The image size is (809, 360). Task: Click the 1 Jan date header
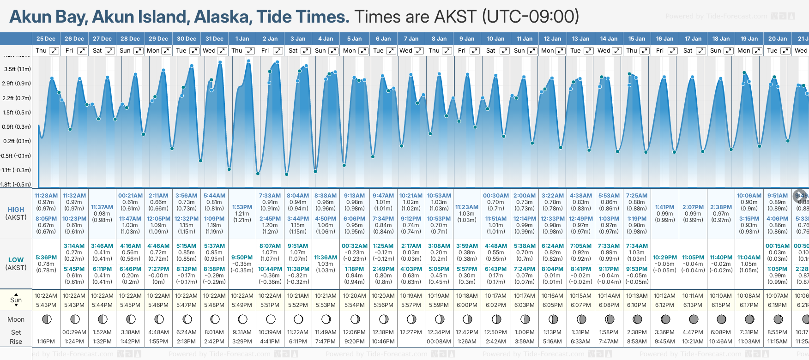coord(242,39)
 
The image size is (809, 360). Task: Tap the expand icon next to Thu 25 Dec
coord(54,51)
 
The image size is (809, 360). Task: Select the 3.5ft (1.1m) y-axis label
coord(18,69)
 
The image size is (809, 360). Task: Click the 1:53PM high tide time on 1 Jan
coord(242,207)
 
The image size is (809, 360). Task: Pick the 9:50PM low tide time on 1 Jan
coord(242,258)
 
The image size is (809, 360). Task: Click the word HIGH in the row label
coord(16,210)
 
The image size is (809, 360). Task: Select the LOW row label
coord(16,260)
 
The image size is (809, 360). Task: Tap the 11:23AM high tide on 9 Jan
coord(467,207)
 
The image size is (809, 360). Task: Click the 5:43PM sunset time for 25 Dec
coord(46,305)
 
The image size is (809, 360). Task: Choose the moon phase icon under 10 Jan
coord(496,319)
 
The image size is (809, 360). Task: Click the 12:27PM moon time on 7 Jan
coord(411,332)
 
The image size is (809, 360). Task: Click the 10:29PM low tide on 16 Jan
coord(665,258)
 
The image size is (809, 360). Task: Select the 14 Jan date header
coord(609,39)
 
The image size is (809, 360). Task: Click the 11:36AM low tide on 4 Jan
coord(326,258)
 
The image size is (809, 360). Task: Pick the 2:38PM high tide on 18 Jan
coord(721,207)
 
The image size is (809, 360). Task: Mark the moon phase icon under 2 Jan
coord(271,319)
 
